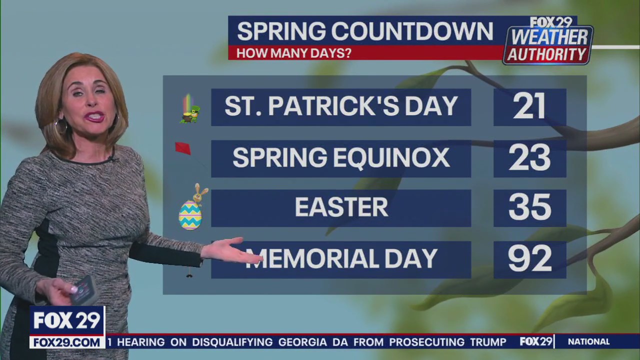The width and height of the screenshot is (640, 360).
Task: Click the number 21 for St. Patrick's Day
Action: click(x=529, y=107)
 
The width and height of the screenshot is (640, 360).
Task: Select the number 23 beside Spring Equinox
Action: click(x=529, y=158)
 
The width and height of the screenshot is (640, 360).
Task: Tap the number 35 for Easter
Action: click(x=529, y=208)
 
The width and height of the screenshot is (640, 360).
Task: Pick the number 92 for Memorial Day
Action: click(x=529, y=259)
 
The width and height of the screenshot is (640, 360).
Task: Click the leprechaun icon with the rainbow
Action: click(x=189, y=109)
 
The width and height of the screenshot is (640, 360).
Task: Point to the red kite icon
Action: click(x=182, y=148)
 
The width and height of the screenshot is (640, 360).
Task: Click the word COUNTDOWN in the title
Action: click(x=412, y=32)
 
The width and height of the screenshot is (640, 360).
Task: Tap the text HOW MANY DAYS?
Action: click(x=293, y=53)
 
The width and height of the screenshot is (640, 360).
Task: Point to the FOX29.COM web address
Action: click(x=67, y=342)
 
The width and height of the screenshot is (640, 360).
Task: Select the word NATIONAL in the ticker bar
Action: click(x=588, y=342)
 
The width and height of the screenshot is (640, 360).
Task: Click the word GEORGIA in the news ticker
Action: click(x=302, y=342)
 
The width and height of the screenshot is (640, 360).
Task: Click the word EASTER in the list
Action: click(x=341, y=208)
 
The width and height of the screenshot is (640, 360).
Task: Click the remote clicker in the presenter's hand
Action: click(x=83, y=290)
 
